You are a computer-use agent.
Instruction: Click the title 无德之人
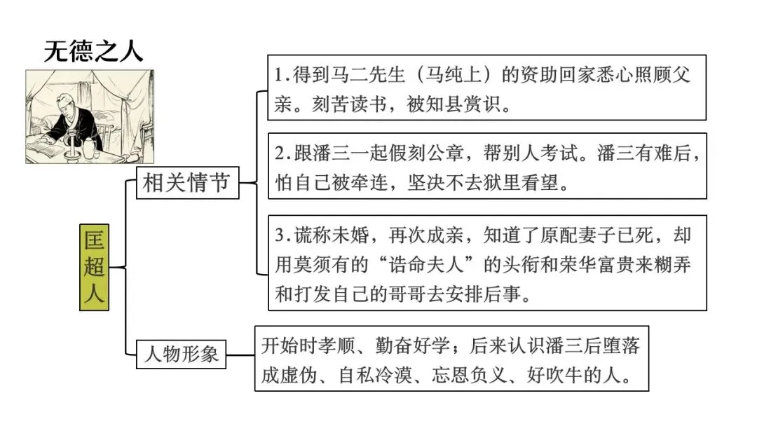point(93,50)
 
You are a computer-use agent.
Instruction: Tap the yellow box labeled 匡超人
point(94,267)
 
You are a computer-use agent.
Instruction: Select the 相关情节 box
point(186,184)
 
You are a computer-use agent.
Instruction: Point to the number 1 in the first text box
point(279,76)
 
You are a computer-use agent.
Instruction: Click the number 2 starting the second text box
point(280,153)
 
